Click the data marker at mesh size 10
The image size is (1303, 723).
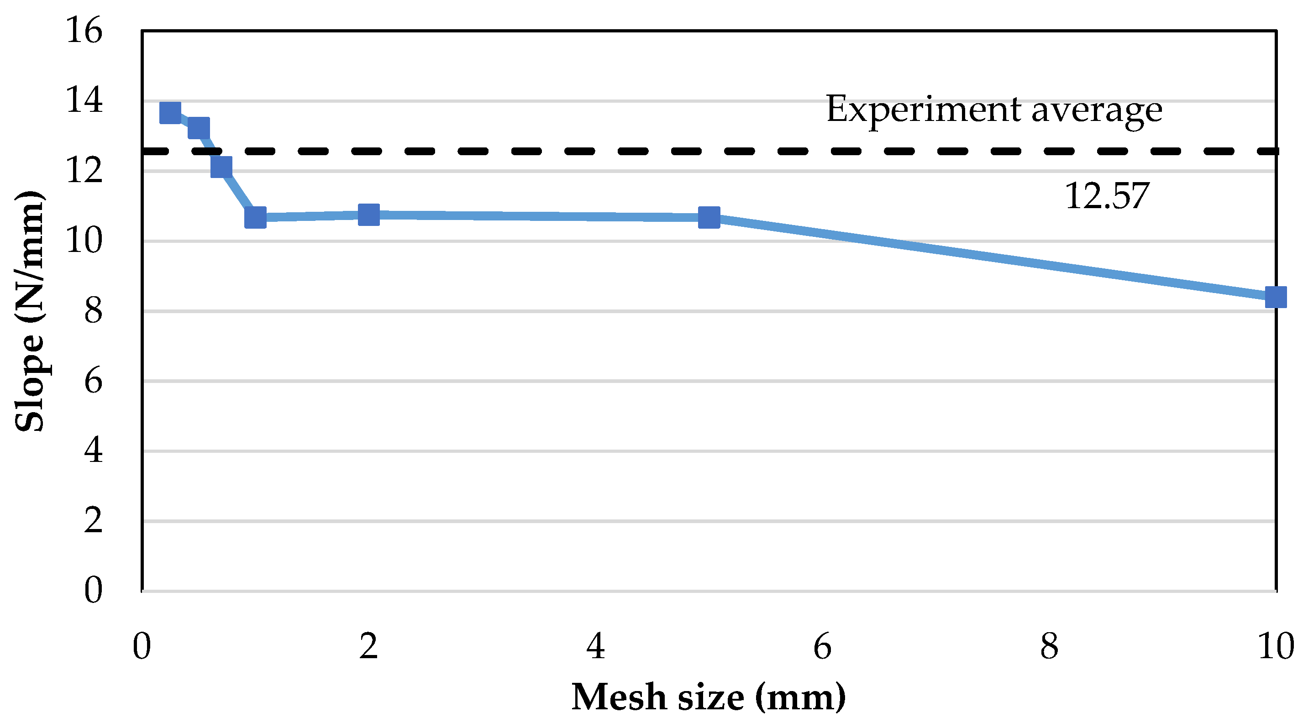pos(1275,297)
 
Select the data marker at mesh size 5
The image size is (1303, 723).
pos(709,217)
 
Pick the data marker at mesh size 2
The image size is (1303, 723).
pos(369,215)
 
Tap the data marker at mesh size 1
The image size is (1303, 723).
pos(255,217)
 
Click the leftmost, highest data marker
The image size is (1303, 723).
pos(170,113)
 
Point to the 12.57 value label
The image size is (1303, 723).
pos(1106,196)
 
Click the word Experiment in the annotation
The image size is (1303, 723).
pos(923,110)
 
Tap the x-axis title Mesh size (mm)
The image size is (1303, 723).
pos(708,697)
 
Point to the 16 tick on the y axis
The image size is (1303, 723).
pos(84,30)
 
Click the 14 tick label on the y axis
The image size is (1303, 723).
pos(84,100)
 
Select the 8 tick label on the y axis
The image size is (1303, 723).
pos(94,310)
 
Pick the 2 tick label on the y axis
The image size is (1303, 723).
pos(94,520)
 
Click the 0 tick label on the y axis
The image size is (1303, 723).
pos(94,590)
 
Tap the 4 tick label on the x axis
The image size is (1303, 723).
pos(595,647)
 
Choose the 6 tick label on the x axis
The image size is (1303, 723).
pos(822,647)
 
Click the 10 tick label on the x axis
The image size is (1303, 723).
pos(1275,647)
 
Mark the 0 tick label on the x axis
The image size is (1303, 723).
pos(142,647)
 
